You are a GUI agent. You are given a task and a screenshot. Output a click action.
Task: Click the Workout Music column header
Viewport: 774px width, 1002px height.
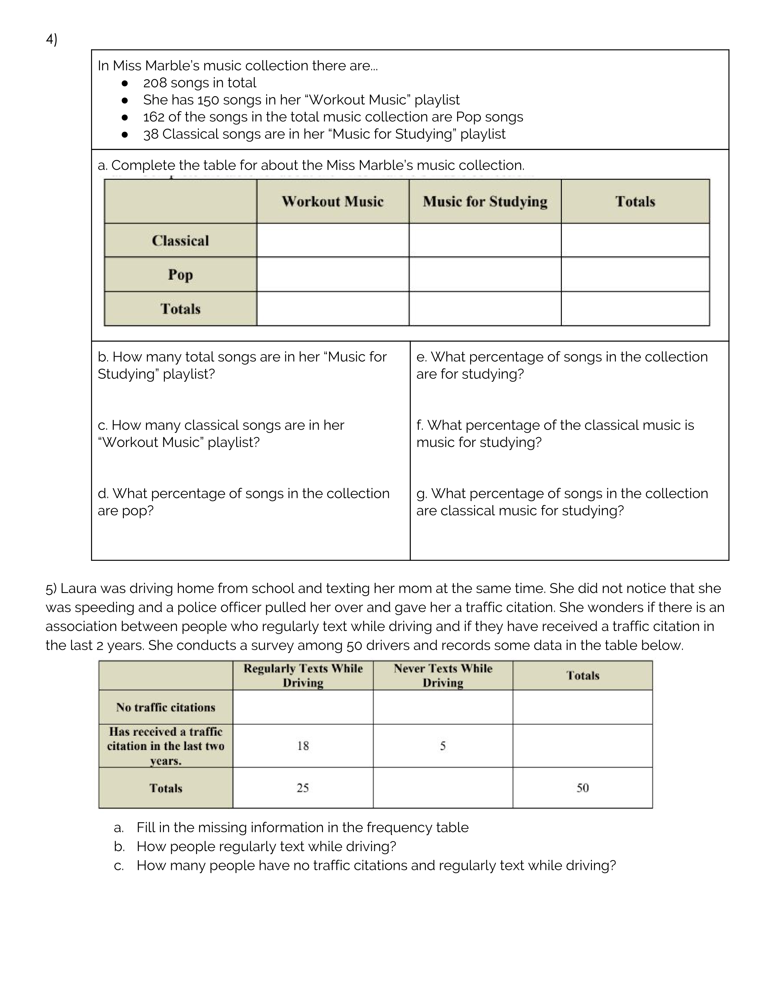(x=332, y=201)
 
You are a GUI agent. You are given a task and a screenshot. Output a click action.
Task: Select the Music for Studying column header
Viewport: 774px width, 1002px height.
(x=485, y=201)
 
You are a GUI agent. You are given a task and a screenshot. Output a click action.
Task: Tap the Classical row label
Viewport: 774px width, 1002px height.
(x=180, y=240)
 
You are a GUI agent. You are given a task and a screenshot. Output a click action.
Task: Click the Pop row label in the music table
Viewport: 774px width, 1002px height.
(x=180, y=274)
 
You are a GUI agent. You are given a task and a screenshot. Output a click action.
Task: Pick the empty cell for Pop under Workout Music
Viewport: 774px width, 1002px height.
(x=332, y=274)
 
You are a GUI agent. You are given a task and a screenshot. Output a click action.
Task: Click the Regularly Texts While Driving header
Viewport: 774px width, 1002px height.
(x=303, y=675)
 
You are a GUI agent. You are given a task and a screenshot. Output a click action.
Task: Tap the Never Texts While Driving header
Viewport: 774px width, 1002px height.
(x=443, y=675)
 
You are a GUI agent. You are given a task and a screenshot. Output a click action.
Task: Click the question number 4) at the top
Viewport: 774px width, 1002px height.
(x=51, y=39)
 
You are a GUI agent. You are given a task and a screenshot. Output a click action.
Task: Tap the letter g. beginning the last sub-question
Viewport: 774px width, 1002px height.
(x=421, y=494)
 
